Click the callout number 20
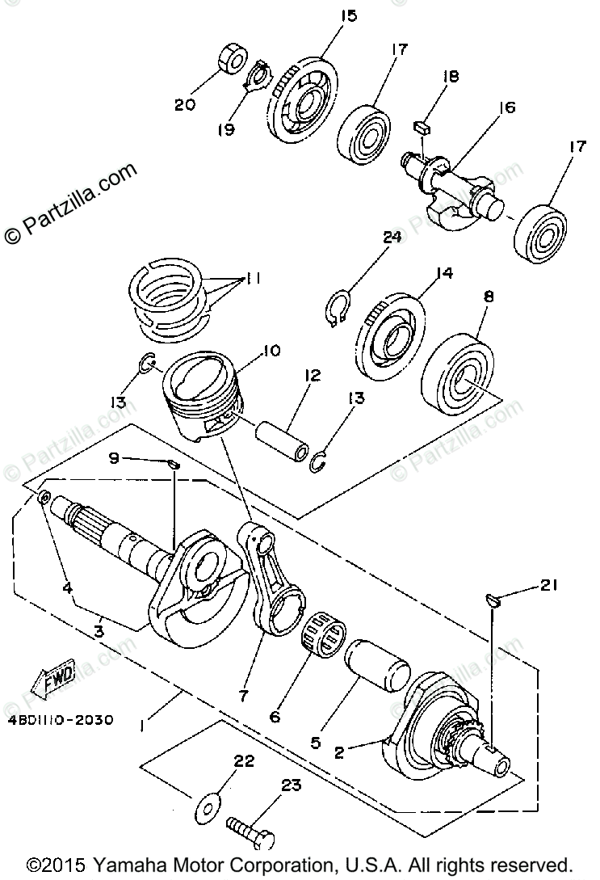click(184, 103)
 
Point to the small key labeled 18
click(421, 126)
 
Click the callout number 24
click(392, 238)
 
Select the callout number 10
click(270, 352)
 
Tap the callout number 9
click(114, 458)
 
